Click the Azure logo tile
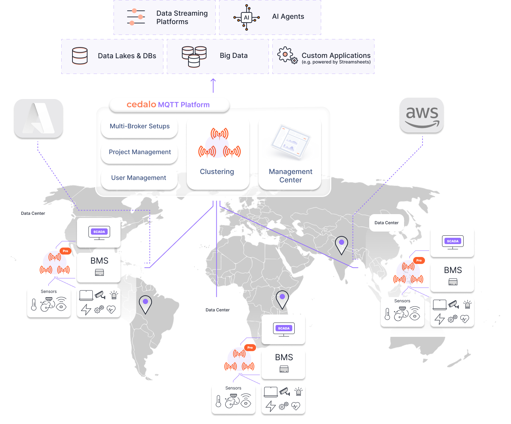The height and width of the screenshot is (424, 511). (x=39, y=118)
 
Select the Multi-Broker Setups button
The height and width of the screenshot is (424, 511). (x=139, y=127)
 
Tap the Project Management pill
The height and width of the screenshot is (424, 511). (x=139, y=152)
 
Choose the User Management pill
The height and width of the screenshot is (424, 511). (x=139, y=178)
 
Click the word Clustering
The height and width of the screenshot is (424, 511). (x=217, y=172)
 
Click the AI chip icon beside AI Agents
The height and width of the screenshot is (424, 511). (x=246, y=18)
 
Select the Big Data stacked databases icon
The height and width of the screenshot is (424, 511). (x=194, y=56)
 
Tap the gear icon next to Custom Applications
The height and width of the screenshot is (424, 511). (x=287, y=55)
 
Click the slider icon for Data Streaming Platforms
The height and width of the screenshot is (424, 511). (x=136, y=17)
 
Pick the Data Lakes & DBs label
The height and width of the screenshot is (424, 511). (x=127, y=56)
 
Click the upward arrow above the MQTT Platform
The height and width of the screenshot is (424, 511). (x=213, y=85)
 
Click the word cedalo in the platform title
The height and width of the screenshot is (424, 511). (x=141, y=105)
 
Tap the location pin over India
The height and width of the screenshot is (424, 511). (x=341, y=244)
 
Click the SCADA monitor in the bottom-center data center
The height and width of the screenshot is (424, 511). (x=284, y=329)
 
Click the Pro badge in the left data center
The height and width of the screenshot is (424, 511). (x=65, y=251)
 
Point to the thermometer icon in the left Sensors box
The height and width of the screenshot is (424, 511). (x=34, y=305)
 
